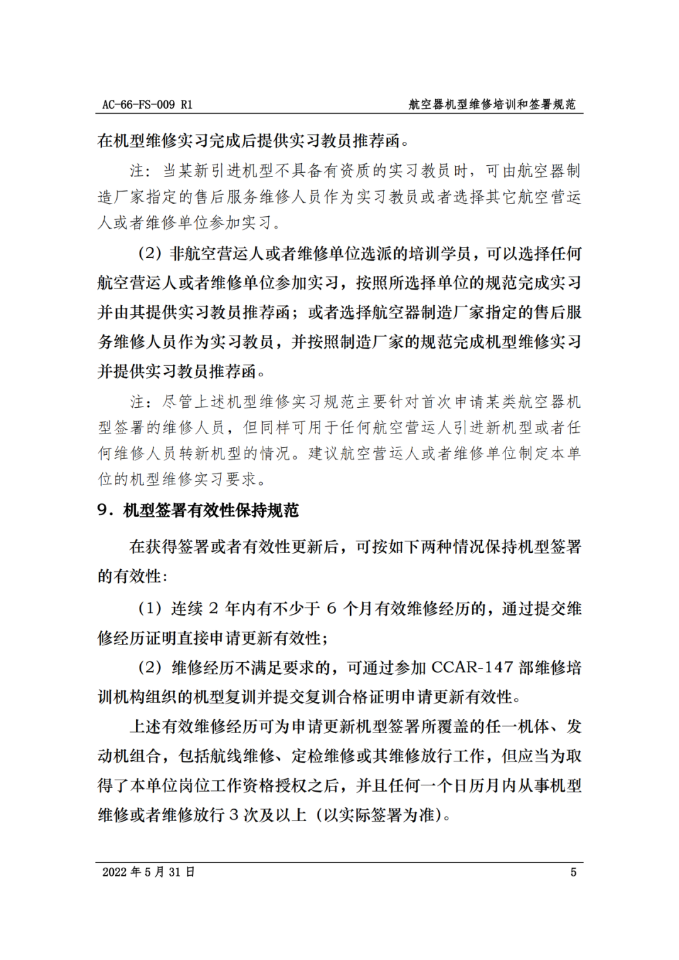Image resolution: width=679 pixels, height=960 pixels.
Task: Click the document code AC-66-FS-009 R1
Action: tap(147, 104)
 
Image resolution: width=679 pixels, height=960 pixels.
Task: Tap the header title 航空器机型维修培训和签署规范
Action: tap(492, 104)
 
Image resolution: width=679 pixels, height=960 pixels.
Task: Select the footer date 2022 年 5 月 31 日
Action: tap(148, 872)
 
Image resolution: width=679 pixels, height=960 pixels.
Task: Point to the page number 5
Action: tap(573, 872)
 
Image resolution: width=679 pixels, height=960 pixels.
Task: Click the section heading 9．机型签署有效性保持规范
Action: tap(198, 510)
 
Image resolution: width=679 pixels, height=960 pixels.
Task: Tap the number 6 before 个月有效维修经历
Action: tap(331, 608)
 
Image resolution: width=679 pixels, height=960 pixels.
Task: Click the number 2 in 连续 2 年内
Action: tap(213, 608)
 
